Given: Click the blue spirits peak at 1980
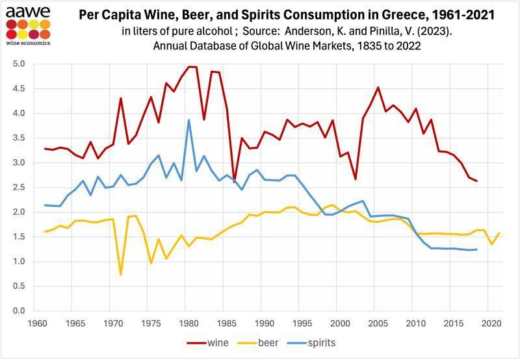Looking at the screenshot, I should tap(188, 120).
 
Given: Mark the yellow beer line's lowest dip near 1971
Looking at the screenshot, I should tap(121, 275).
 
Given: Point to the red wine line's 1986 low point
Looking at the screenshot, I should tap(234, 182).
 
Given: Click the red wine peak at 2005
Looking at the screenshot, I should tap(378, 87).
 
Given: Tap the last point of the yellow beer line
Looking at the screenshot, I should tap(498, 233).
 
